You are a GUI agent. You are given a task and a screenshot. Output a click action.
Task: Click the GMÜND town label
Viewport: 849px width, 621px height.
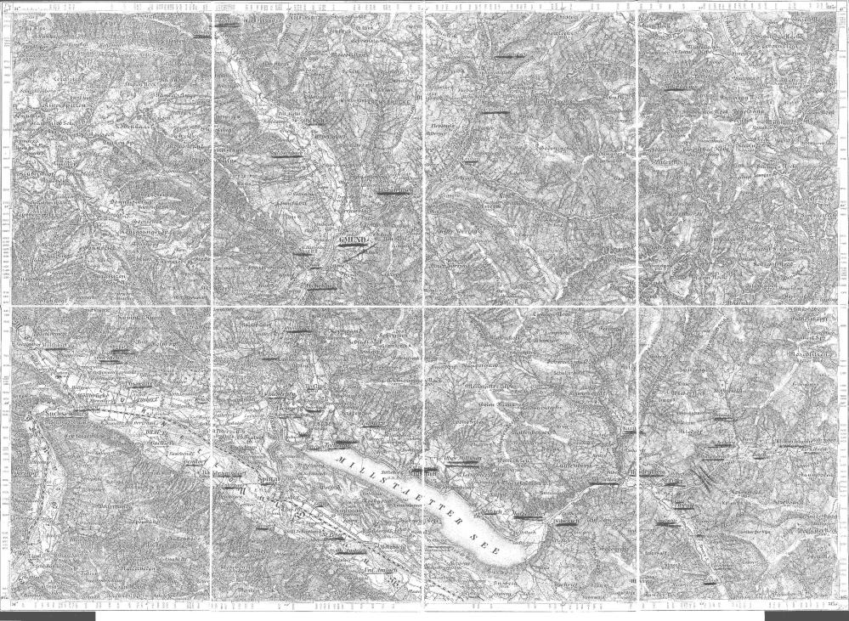[x=352, y=242]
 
